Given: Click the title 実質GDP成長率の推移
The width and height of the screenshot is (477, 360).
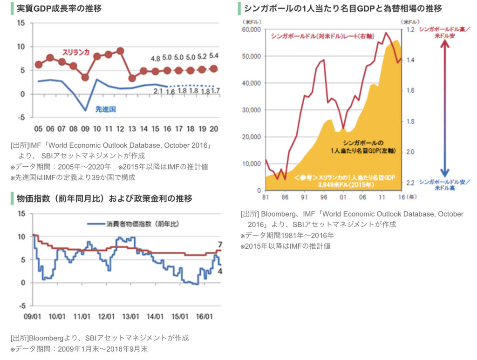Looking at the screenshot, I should (x=59, y=8).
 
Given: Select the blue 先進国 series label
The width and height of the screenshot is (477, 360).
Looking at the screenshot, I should (x=105, y=109).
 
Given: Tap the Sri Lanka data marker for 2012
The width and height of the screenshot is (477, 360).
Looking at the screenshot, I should (x=120, y=51).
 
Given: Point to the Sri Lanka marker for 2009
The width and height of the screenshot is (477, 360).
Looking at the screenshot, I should (x=85, y=77).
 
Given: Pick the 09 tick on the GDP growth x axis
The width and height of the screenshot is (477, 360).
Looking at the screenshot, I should (x=85, y=129).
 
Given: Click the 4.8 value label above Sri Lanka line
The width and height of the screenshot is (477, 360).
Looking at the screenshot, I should (x=156, y=59).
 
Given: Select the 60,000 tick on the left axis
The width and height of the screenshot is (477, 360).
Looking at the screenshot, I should (x=252, y=30).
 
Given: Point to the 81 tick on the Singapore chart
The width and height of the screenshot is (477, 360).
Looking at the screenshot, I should (x=266, y=197).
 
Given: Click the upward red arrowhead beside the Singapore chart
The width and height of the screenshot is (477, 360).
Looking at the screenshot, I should (x=445, y=46).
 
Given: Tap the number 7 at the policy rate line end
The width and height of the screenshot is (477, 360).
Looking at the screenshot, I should (x=220, y=245).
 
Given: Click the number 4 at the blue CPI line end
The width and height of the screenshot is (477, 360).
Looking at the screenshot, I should (x=220, y=272).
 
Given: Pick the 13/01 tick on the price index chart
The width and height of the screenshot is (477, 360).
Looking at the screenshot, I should (x=131, y=316).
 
